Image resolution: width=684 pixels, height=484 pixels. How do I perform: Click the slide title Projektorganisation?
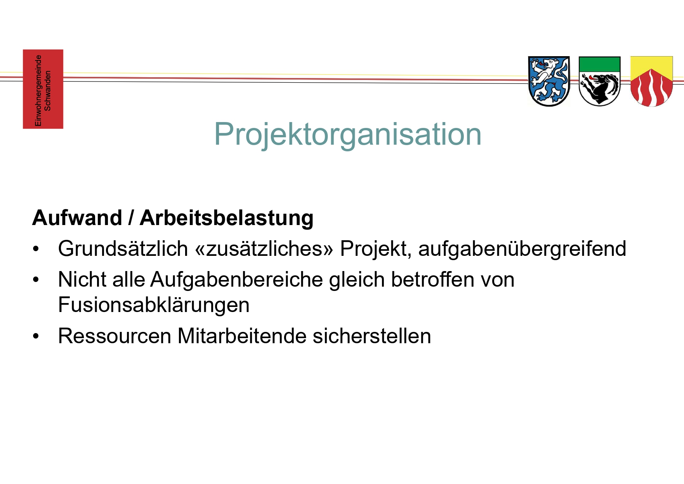(348, 135)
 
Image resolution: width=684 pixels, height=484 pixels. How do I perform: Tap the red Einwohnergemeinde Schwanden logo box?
(43, 89)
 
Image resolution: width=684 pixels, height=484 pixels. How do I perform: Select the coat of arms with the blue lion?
(549, 81)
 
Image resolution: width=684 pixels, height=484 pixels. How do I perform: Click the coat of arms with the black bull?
(599, 81)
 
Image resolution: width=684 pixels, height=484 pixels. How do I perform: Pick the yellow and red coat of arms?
(652, 81)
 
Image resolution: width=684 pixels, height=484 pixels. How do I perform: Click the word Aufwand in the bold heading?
(77, 218)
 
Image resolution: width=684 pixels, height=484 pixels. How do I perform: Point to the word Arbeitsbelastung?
(226, 218)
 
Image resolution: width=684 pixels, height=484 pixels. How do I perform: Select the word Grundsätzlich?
(123, 248)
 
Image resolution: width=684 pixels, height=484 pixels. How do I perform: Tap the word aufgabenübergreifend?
(522, 249)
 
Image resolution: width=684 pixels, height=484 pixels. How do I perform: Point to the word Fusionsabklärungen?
(154, 305)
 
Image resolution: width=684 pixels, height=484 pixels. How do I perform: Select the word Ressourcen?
(115, 336)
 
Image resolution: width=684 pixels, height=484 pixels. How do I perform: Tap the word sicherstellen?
(372, 336)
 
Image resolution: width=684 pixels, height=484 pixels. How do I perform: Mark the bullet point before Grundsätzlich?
(36, 249)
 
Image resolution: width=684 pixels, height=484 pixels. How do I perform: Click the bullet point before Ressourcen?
(36, 336)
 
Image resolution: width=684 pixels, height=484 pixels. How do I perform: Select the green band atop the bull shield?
(599, 64)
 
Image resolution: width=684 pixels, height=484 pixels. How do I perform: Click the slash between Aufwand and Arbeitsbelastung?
(131, 218)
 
